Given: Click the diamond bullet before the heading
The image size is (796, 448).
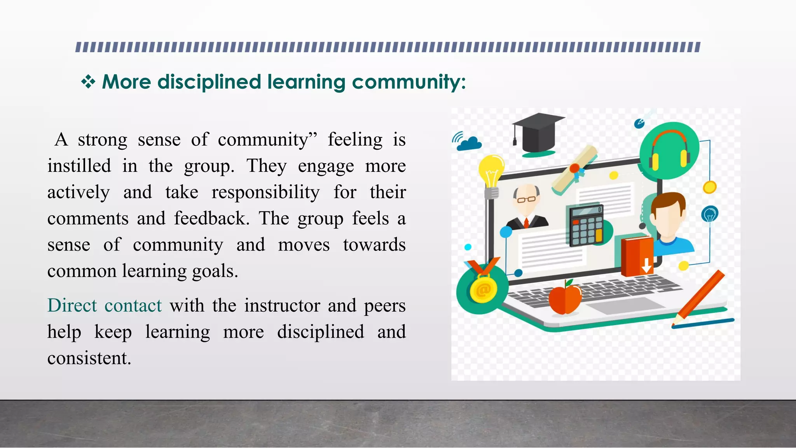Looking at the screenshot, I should coord(88,82).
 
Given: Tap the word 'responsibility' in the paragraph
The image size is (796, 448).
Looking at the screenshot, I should coord(265,192).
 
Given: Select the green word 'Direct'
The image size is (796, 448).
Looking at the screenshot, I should coord(72,305).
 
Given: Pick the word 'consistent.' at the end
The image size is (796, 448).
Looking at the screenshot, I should coord(89,358).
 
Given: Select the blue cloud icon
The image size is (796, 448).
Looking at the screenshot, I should coord(470,143).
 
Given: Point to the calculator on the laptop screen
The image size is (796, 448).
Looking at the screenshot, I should coord(586,225).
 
